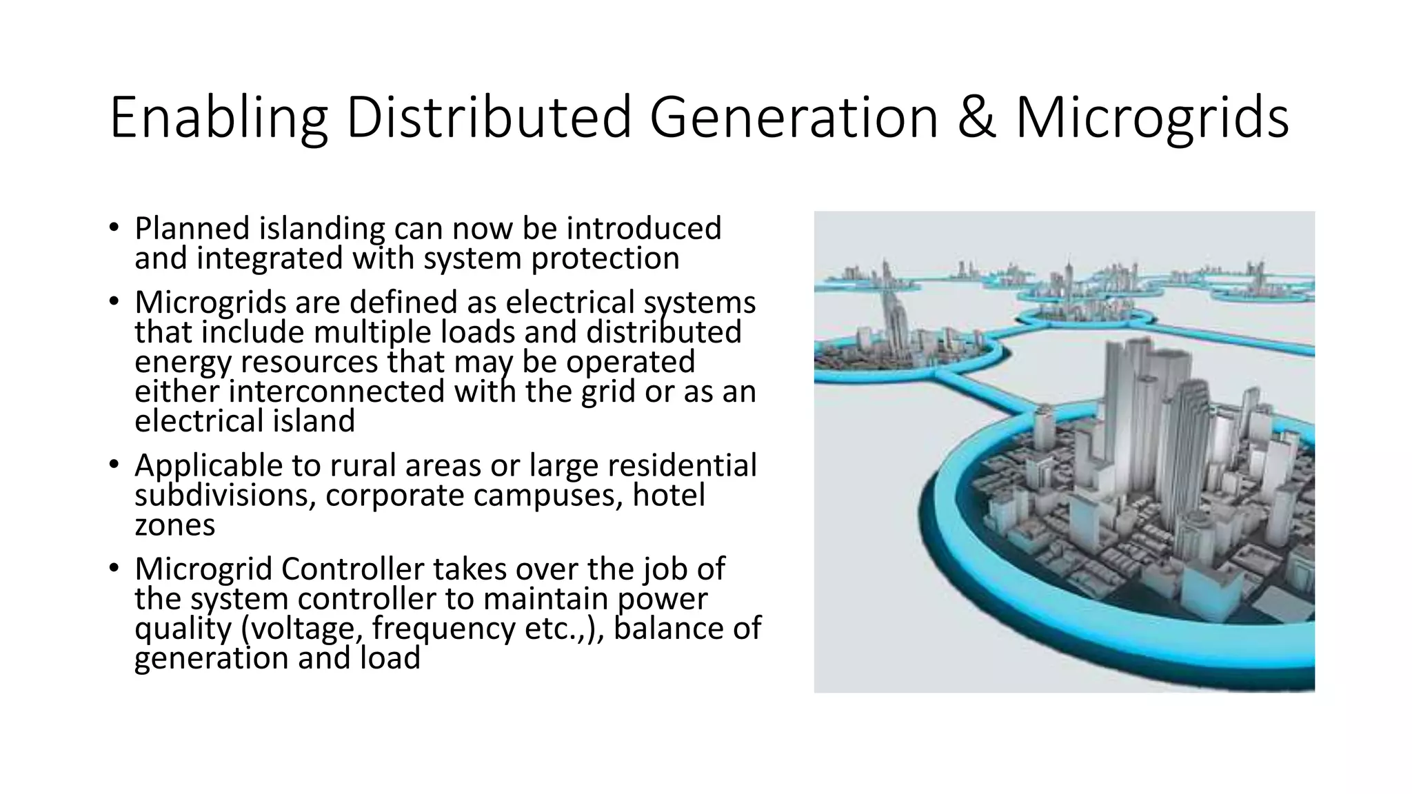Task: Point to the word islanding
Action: coord(321,229)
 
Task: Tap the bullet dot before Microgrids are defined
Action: coord(114,301)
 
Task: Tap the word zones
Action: coord(174,525)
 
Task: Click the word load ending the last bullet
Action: coord(390,658)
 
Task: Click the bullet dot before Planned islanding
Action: coord(114,227)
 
